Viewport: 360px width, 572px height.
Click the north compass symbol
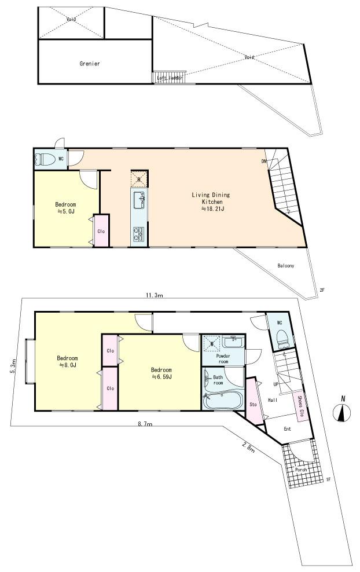click(x=343, y=413)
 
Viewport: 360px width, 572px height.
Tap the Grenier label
click(x=90, y=64)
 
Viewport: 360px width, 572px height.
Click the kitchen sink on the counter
click(x=140, y=201)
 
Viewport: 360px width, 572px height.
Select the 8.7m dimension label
click(x=145, y=424)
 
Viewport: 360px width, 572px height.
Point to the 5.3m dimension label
click(x=13, y=366)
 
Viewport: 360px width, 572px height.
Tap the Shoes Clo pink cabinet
click(x=300, y=406)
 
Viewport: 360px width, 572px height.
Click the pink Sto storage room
click(x=252, y=404)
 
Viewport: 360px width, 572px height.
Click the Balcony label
click(x=286, y=266)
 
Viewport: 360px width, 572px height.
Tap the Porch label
click(x=301, y=469)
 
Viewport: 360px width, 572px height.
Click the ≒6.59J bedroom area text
click(x=161, y=377)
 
